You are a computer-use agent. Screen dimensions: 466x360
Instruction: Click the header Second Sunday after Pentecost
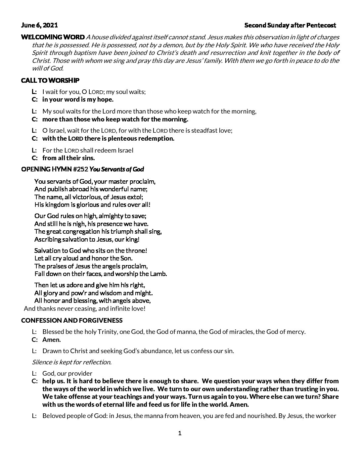click(290, 25)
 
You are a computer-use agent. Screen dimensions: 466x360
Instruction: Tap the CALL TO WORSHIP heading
click(50, 80)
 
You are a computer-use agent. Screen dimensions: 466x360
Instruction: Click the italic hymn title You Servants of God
click(116, 169)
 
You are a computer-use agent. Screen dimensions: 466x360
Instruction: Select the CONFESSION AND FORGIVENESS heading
click(71, 320)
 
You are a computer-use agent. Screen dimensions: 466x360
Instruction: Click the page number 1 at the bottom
click(180, 433)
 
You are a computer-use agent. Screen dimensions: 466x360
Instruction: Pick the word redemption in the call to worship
click(155, 139)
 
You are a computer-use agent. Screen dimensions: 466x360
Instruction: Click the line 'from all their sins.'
click(68, 158)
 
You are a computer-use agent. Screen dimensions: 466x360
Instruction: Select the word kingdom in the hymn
click(56, 205)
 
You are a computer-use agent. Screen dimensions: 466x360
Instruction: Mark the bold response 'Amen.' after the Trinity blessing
click(52, 340)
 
